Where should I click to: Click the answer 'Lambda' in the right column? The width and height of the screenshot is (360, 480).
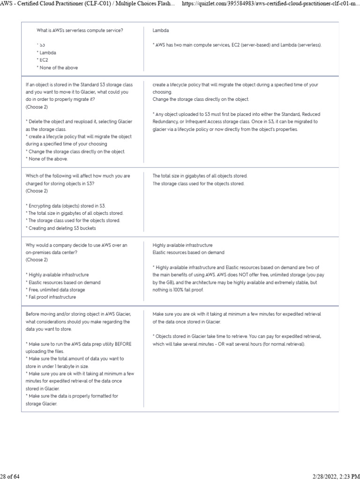160,30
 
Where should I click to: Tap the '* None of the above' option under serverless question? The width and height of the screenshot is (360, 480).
58,68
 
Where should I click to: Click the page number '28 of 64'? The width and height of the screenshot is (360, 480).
9,477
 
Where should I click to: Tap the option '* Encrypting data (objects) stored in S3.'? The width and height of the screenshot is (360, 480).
66,205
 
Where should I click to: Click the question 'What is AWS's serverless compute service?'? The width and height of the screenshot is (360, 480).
80,30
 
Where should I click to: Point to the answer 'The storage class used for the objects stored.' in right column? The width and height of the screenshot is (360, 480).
198,184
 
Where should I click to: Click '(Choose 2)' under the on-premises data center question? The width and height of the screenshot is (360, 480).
37,260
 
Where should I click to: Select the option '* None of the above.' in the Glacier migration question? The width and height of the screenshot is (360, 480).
47,159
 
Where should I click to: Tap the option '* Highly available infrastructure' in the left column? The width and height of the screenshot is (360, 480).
57,275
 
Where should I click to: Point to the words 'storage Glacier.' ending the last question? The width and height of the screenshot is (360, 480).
41,404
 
